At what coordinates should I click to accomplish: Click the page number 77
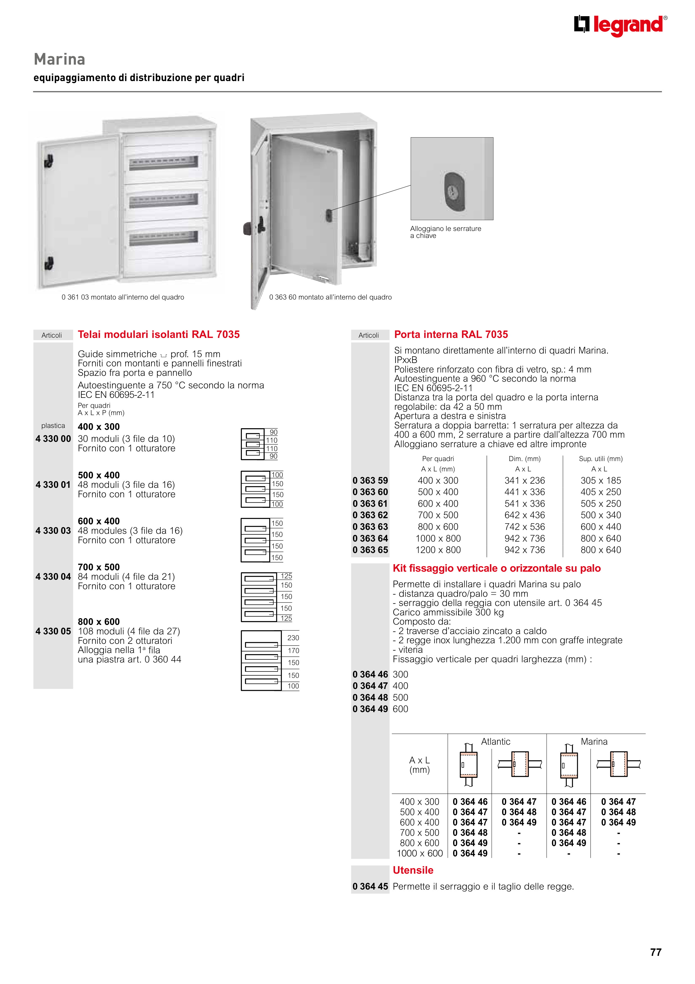click(655, 952)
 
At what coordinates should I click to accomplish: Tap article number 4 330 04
click(53, 576)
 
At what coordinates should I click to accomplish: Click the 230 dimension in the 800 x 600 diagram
click(293, 638)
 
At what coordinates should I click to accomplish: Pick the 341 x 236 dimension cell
click(525, 480)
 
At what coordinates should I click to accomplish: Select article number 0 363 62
click(370, 515)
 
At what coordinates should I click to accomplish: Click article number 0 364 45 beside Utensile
click(370, 886)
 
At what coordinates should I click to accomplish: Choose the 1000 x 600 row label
click(420, 853)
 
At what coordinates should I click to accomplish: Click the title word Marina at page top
click(60, 59)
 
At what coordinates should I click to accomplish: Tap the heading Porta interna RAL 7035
click(451, 334)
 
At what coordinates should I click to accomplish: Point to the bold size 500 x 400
click(99, 475)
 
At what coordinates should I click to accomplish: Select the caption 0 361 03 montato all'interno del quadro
click(123, 297)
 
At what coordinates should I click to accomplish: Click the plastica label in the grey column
click(53, 426)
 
